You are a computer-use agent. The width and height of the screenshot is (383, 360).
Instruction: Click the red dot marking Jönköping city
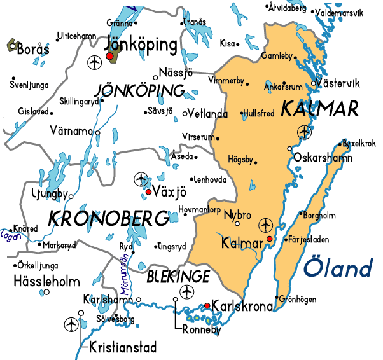click(x=109, y=57)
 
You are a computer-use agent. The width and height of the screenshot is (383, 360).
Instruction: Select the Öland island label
click(x=338, y=267)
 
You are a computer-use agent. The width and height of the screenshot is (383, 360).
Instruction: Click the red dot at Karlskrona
click(x=207, y=306)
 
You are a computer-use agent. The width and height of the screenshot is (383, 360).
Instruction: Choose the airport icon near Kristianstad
click(x=71, y=324)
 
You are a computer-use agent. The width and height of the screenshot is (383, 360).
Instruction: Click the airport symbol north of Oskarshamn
click(x=305, y=132)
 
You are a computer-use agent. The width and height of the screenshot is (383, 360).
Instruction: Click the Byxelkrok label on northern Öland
click(x=359, y=143)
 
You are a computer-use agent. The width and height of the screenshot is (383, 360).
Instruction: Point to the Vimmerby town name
click(x=226, y=81)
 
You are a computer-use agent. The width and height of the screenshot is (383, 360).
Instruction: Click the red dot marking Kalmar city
click(x=269, y=239)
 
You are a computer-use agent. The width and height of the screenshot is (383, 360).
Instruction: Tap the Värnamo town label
click(x=71, y=131)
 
